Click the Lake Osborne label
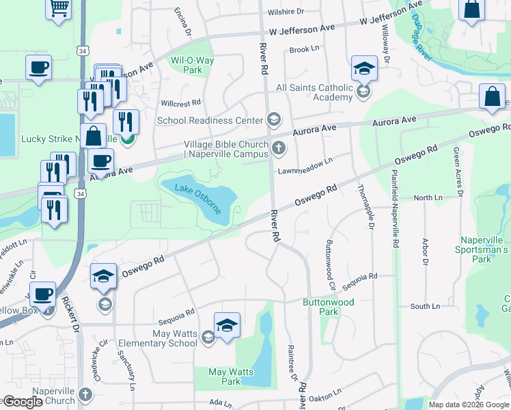point(198,198)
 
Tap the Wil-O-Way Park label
point(193,65)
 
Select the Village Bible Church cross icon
point(278,148)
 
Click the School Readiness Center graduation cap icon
point(273,120)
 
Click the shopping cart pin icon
point(59,9)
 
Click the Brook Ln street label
point(305,49)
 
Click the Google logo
point(23,402)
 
